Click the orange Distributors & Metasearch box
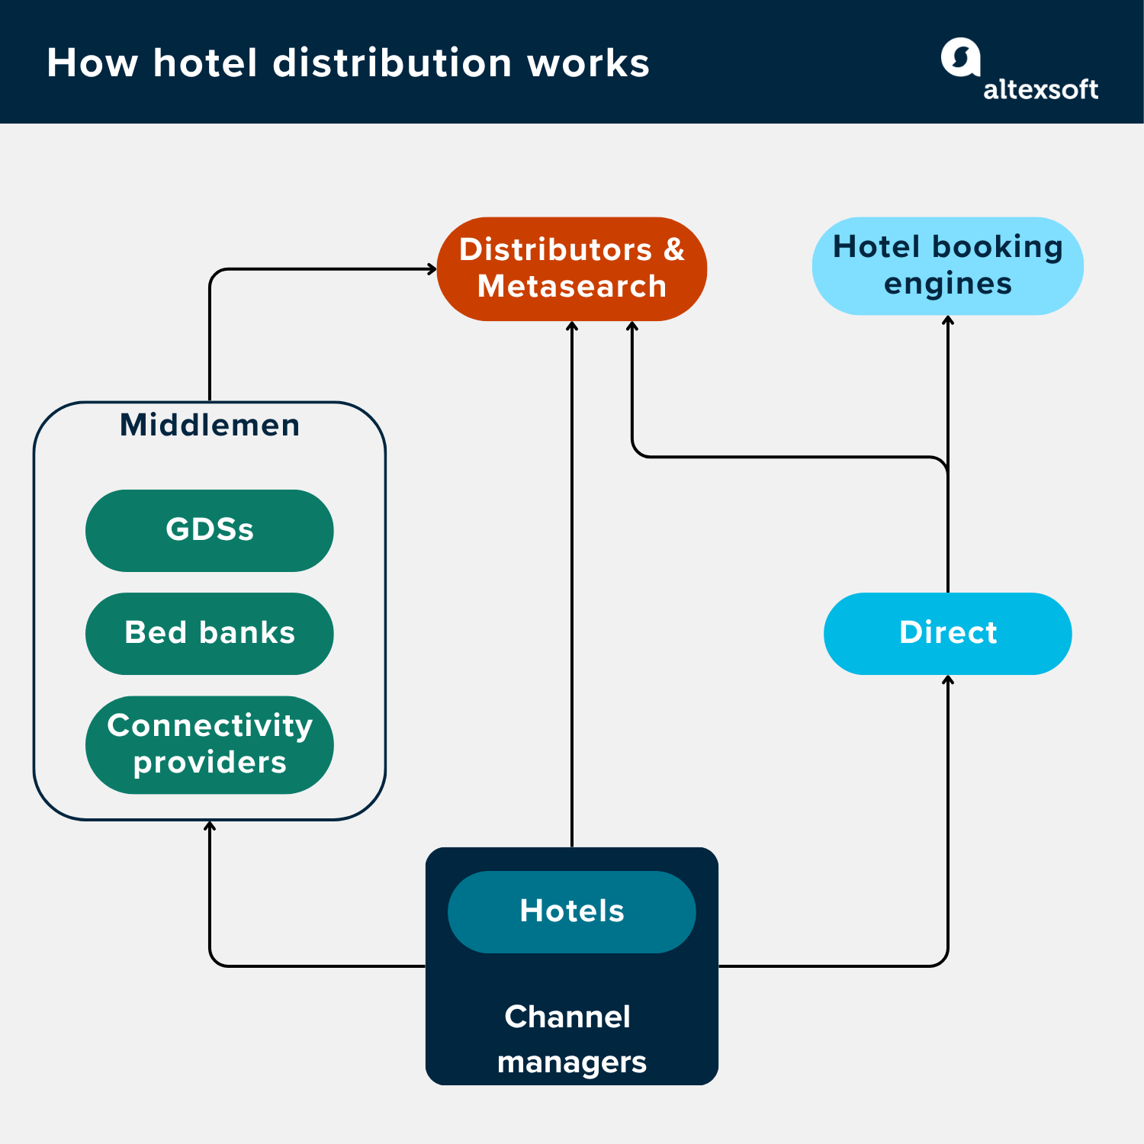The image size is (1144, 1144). coord(572,268)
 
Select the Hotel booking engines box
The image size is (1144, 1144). coord(947,266)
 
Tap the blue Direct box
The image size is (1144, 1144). coord(947,633)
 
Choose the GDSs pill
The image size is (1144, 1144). coord(209,530)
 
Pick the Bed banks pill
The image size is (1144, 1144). coord(209,633)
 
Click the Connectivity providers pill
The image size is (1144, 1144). coord(209,744)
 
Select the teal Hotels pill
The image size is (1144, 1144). coord(571,911)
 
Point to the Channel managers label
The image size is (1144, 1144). coord(571,1039)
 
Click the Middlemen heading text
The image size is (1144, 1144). coord(210,426)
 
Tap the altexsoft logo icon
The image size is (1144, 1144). coord(960,57)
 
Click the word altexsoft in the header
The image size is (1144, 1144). coord(1040,90)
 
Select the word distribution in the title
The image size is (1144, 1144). coord(392,63)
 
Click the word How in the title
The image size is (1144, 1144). coord(92,63)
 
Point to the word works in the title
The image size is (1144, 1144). coord(588,63)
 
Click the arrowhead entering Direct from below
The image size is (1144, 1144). coord(948,680)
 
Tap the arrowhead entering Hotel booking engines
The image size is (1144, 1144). coord(948,320)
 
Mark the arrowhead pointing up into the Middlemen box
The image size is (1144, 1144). coord(210,825)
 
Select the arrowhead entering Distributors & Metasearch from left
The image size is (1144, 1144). coord(432,268)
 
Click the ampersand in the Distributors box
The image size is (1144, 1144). coord(674,250)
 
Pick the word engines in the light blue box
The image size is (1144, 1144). coord(947,284)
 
